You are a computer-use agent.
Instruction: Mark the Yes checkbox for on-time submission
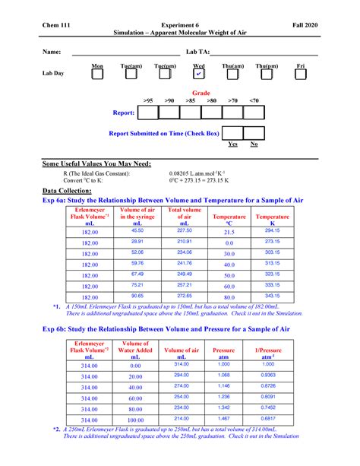click(x=232, y=133)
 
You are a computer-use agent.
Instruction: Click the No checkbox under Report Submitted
click(x=254, y=133)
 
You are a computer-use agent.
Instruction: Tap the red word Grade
click(x=201, y=93)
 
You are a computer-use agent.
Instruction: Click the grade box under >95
click(x=148, y=113)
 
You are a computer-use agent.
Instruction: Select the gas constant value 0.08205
click(x=197, y=174)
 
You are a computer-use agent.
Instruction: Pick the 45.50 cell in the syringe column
click(x=137, y=230)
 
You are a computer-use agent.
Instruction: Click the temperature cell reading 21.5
click(x=229, y=232)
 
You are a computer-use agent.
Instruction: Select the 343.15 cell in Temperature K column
click(x=273, y=295)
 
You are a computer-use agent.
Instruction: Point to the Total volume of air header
click(x=184, y=215)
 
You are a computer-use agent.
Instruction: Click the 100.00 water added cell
click(x=135, y=420)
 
